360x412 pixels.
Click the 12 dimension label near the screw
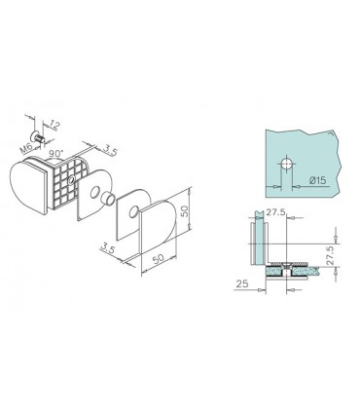pyautogui.click(x=55, y=126)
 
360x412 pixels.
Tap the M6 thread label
pyautogui.click(x=26, y=148)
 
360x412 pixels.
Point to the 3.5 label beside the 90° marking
pyautogui.click(x=108, y=151)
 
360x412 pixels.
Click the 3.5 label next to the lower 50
pyautogui.click(x=109, y=249)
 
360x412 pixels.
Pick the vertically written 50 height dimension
pyautogui.click(x=185, y=211)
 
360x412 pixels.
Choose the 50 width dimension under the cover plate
pyautogui.click(x=159, y=259)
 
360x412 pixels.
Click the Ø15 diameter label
pyautogui.click(x=317, y=180)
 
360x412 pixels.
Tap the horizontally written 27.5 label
pyautogui.click(x=275, y=212)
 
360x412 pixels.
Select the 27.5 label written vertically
pyautogui.click(x=330, y=255)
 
